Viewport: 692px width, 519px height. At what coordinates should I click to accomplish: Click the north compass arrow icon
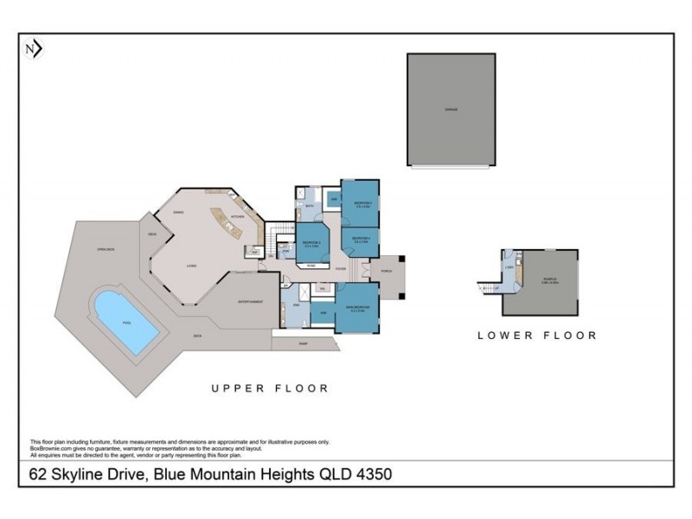34,49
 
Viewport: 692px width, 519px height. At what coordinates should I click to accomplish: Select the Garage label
451,110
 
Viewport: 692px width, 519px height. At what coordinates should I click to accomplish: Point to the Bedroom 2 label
312,243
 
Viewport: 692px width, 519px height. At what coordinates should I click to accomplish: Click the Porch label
387,271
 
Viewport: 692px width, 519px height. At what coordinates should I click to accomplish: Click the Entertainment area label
252,302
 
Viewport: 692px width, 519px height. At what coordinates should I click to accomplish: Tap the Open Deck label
106,250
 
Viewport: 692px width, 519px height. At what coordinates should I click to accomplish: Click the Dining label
179,212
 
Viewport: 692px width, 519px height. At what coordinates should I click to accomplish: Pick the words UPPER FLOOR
270,388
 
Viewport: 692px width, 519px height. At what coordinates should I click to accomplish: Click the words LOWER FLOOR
536,335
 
